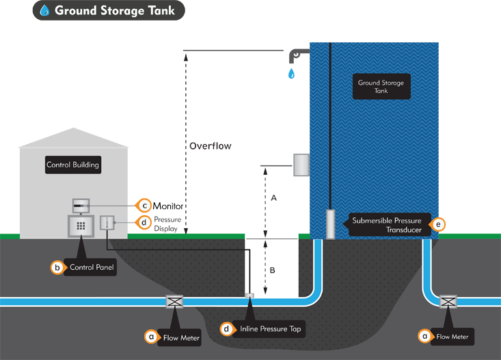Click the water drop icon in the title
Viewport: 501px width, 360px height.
point(44,10)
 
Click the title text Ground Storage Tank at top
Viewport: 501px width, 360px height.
point(114,10)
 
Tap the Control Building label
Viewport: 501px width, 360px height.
point(73,165)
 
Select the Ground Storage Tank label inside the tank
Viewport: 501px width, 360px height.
point(381,87)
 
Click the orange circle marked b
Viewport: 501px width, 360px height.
point(59,268)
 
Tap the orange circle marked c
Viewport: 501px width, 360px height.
point(144,205)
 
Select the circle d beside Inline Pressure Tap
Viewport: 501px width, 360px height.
point(226,329)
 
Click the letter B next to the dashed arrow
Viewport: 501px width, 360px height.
point(272,271)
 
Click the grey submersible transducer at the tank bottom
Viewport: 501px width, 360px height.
point(330,223)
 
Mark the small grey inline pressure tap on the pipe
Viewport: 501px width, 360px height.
point(249,295)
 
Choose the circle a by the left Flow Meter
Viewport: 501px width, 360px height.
point(151,336)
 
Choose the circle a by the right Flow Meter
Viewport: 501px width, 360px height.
point(424,336)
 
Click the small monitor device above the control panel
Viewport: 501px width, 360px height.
point(81,204)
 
